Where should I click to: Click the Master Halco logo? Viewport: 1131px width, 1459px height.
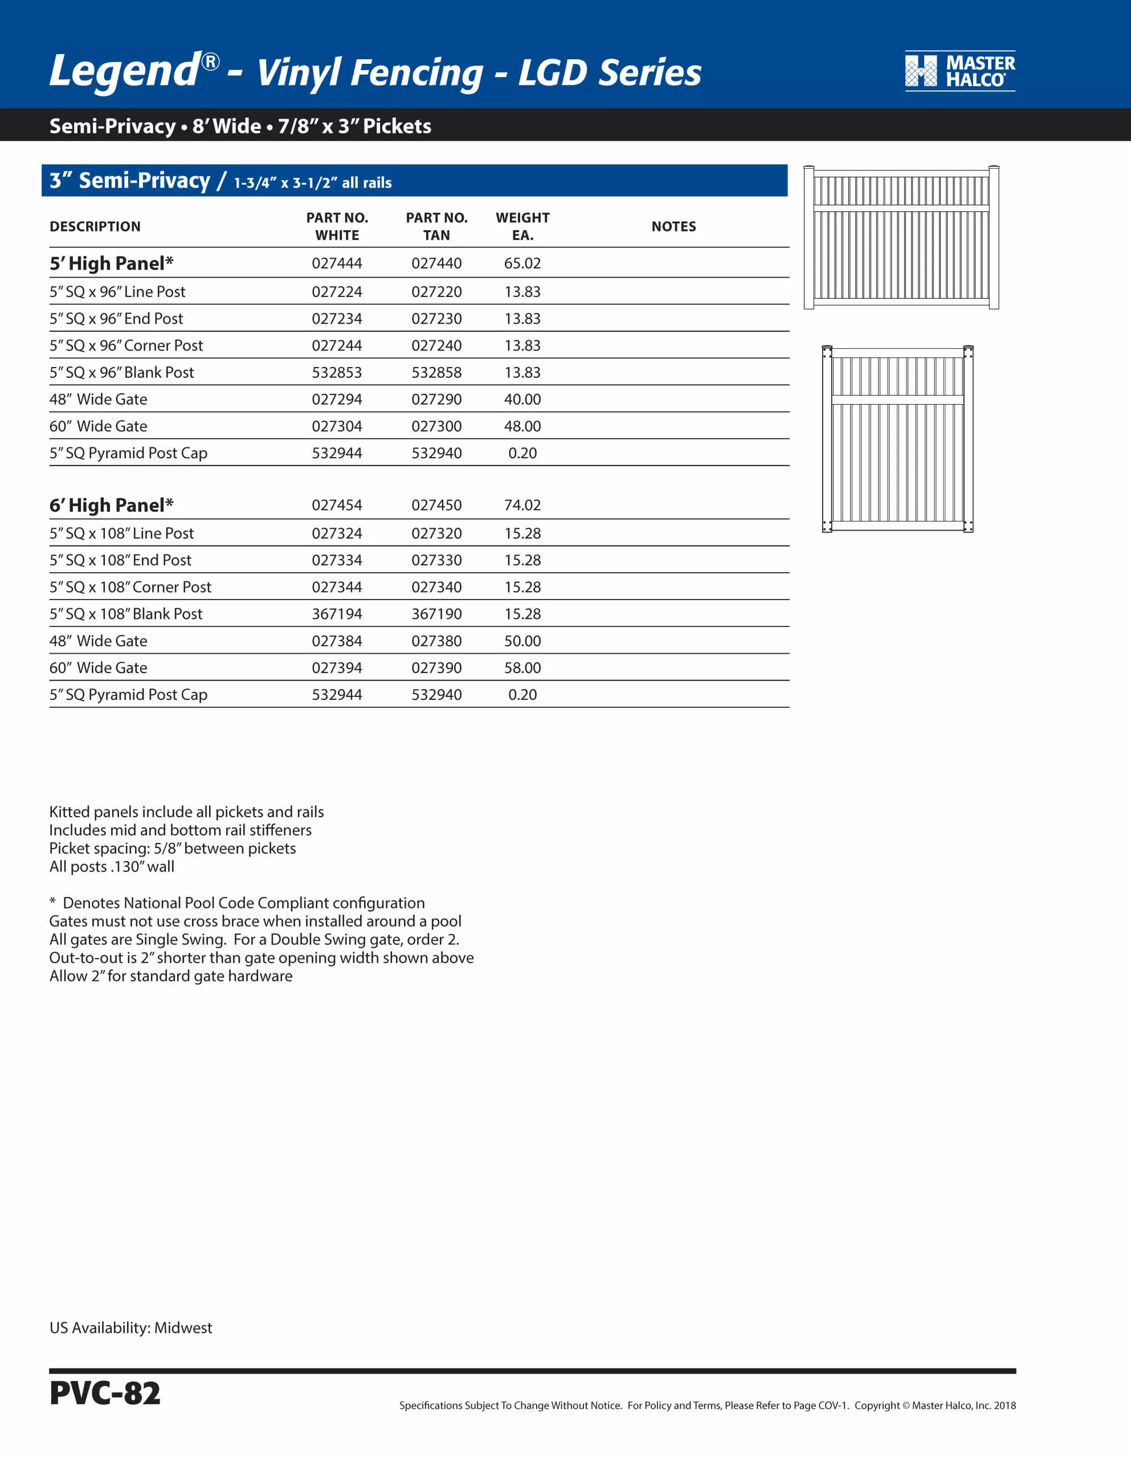coord(959,71)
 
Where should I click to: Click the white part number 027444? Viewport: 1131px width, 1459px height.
coord(337,263)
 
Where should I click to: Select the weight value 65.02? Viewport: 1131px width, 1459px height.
coord(522,263)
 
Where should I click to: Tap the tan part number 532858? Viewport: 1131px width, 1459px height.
coord(436,372)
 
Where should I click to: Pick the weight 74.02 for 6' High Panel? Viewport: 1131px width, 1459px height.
coord(522,505)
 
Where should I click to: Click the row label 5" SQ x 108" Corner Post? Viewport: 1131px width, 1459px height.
coord(130,587)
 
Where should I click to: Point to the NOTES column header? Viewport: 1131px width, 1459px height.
coord(673,226)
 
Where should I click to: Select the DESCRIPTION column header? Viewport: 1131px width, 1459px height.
coord(95,226)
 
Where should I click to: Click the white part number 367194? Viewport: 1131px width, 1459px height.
coord(337,614)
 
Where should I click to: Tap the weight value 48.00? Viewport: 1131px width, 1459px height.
coord(522,426)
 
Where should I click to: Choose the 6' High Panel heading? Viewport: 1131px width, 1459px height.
coord(112,505)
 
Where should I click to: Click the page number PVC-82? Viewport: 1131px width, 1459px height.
coord(105,1393)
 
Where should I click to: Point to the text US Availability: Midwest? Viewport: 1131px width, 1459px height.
coord(131,1327)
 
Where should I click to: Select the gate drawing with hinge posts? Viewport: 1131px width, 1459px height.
coord(897,439)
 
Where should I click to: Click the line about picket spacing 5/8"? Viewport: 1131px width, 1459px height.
coord(172,849)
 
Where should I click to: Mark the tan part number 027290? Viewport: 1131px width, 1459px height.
coord(436,400)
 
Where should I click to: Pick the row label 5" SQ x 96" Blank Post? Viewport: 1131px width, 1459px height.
coord(121,372)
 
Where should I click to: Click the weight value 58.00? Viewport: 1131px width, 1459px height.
coord(522,667)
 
